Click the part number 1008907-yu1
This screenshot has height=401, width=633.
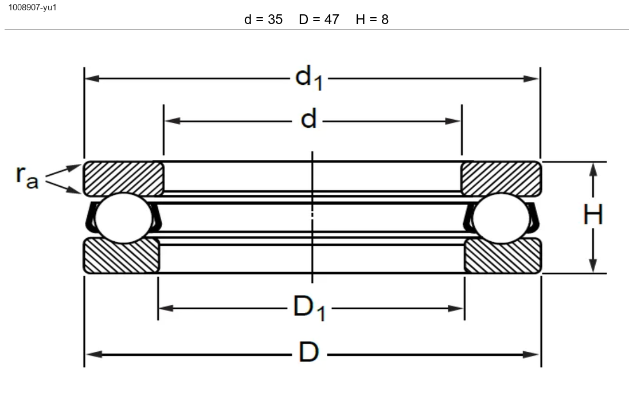click(32, 7)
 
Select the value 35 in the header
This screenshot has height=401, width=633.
click(275, 19)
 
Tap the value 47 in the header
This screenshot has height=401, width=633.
click(331, 19)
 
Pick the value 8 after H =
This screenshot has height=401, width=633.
click(385, 19)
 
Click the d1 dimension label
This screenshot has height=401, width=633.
click(309, 78)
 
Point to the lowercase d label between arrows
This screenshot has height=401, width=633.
click(309, 119)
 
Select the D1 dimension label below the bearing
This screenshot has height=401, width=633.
click(309, 308)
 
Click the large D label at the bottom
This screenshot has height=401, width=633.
click(309, 352)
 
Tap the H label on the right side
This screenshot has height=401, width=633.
click(593, 214)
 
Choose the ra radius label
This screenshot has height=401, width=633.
click(27, 176)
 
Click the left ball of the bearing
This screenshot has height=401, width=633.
click(123, 218)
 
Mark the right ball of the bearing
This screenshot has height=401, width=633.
click(501, 218)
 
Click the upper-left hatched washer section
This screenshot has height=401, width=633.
click(123, 178)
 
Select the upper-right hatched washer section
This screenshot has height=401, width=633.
click(501, 178)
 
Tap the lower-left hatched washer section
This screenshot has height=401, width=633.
click(121, 255)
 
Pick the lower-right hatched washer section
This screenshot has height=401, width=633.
click(503, 255)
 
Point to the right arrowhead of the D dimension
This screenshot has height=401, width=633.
click(532, 355)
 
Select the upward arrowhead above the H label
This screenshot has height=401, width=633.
click(593, 171)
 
